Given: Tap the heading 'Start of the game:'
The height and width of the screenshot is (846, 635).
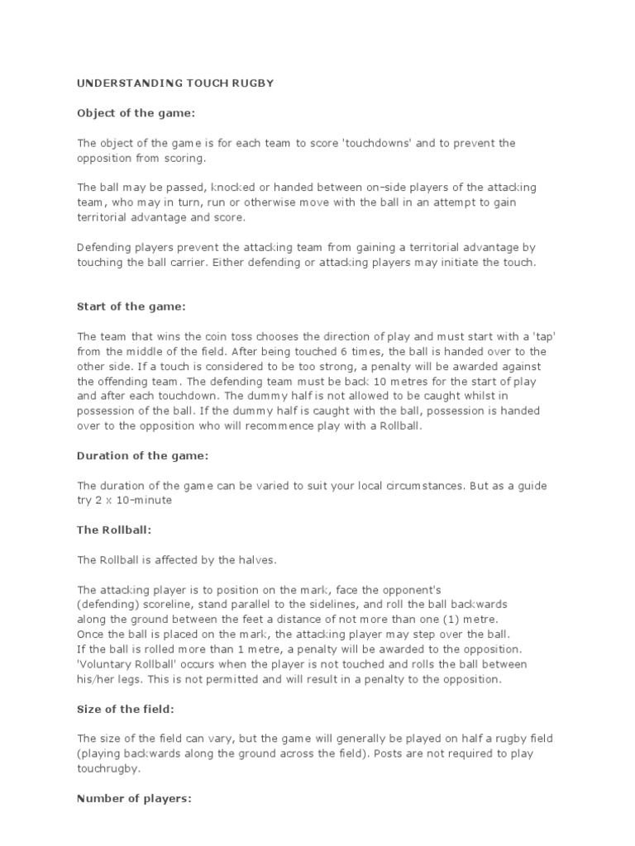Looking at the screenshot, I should [131, 307].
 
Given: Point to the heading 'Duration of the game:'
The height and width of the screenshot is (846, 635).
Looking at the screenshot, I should [142, 455].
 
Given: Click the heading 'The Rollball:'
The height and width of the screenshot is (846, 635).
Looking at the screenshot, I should [114, 530].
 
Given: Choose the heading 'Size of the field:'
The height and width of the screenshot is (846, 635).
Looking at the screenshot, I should [127, 708].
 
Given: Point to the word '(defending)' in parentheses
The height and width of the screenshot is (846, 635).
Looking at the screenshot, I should [107, 604].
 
